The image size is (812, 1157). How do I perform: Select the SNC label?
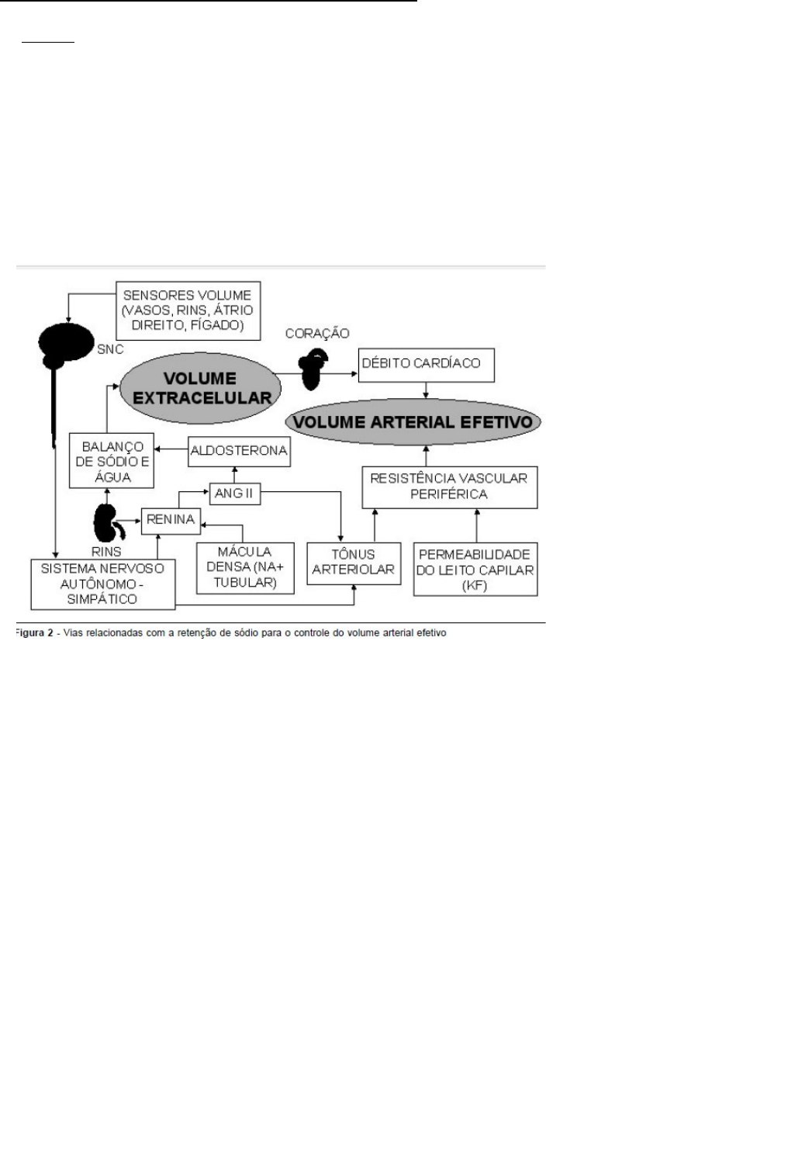click(110, 350)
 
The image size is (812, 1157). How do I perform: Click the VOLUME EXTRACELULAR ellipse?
click(201, 389)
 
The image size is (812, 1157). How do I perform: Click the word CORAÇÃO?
click(317, 334)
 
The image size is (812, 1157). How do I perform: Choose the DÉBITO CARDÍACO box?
click(426, 365)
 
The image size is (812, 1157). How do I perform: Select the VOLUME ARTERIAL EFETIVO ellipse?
click(413, 421)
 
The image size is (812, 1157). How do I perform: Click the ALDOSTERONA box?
click(239, 451)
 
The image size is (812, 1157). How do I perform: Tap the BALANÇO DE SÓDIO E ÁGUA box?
click(112, 462)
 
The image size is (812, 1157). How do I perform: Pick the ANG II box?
click(234, 493)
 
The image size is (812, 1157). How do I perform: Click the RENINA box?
click(171, 520)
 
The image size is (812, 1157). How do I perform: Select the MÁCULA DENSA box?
click(245, 567)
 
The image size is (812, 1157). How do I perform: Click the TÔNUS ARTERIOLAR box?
click(354, 563)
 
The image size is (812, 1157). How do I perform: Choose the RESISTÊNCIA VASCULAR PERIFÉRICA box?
click(449, 487)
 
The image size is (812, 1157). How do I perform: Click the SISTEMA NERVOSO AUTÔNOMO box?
click(102, 584)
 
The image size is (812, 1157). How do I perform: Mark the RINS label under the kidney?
click(106, 552)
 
